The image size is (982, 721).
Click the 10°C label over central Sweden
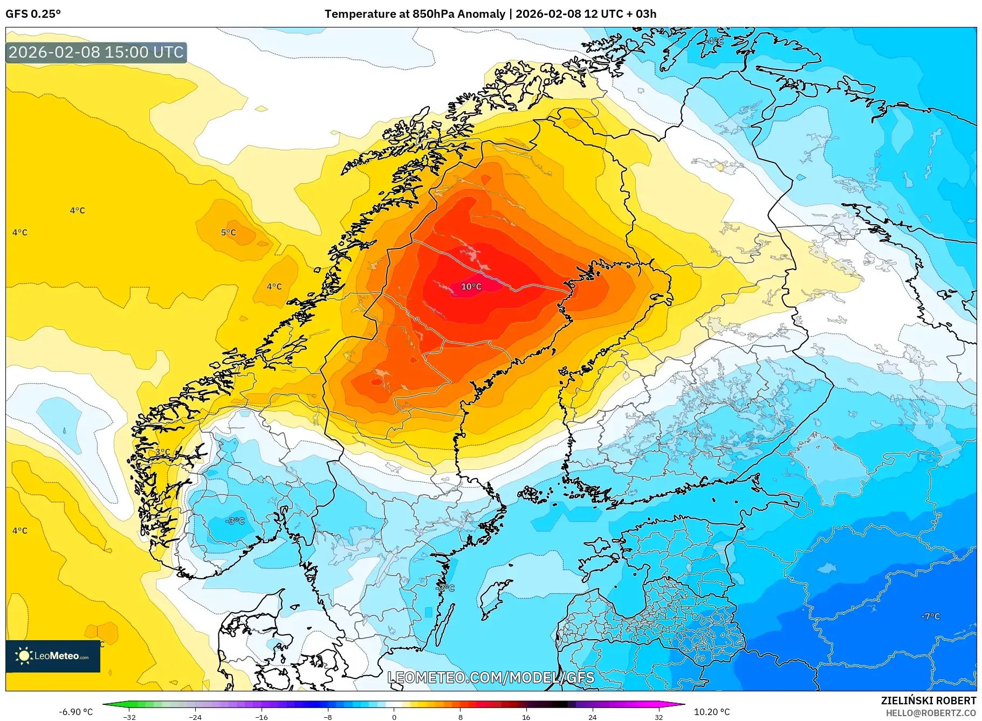point(471,287)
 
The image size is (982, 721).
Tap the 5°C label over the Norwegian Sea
point(228,232)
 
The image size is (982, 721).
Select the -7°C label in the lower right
point(930,616)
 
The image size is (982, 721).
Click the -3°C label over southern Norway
point(235,521)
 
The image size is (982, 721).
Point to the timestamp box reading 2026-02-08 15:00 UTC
point(96,52)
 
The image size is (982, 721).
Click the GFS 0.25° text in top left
point(33,14)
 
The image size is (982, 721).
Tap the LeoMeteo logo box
point(53,656)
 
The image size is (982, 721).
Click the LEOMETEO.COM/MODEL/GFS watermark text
point(491,677)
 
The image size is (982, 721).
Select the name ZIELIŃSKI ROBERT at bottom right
point(928,701)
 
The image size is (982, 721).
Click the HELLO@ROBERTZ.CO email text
point(931,713)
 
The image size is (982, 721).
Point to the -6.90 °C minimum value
point(75,712)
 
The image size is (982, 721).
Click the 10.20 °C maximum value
point(711,712)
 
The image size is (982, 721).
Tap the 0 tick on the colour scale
point(394,717)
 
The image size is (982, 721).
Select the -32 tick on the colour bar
point(129,717)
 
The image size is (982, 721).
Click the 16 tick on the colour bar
point(526,717)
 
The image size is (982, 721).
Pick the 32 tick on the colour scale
point(658,717)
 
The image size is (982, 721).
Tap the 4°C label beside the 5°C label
point(274,287)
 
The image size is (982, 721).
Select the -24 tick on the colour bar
point(195,717)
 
